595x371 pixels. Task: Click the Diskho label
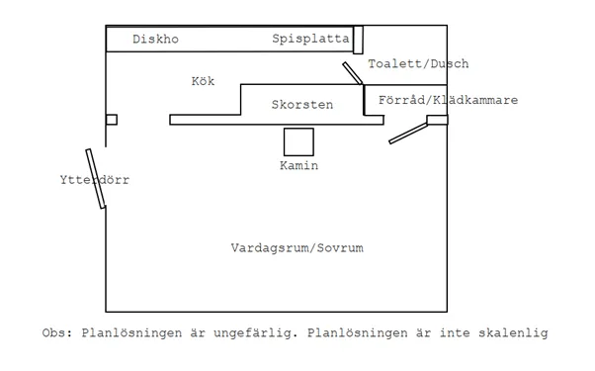(x=155, y=40)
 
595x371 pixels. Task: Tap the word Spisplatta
(x=311, y=40)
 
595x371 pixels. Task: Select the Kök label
(x=203, y=81)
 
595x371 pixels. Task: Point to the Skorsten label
(x=301, y=104)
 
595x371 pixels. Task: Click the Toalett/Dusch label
(x=418, y=64)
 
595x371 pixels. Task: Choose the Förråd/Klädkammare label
(x=449, y=100)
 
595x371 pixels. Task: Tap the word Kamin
(x=298, y=166)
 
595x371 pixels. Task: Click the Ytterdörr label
(x=94, y=181)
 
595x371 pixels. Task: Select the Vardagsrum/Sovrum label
(x=297, y=248)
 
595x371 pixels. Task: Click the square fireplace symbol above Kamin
(x=298, y=140)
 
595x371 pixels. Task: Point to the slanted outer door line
(x=96, y=179)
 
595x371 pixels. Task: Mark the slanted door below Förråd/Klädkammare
(x=407, y=133)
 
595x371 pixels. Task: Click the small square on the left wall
(x=112, y=120)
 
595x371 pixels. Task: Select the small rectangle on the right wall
(x=437, y=121)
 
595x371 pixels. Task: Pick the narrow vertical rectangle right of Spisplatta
(x=358, y=41)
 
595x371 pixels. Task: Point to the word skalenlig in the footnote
(x=513, y=332)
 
